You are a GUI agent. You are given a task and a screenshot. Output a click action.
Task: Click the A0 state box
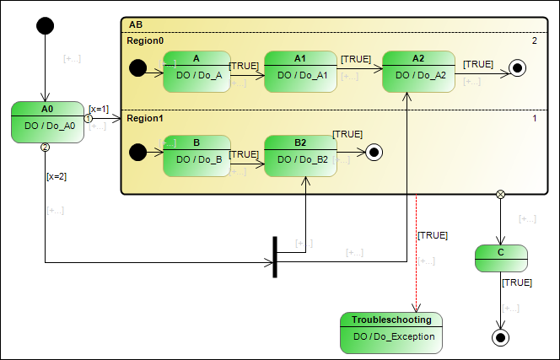pos(46,121)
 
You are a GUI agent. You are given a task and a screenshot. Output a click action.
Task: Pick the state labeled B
pos(196,155)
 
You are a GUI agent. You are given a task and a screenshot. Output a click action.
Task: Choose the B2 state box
pos(300,155)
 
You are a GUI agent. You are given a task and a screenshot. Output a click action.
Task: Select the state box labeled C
pos(501,257)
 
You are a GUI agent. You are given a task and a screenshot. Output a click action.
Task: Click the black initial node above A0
pos(46,25)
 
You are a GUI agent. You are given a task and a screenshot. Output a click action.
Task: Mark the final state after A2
pos(520,68)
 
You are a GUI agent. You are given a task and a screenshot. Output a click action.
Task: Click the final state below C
pos(501,338)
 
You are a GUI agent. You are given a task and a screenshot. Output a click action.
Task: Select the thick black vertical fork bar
pos(275,257)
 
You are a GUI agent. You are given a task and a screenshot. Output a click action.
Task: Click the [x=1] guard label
pos(99,108)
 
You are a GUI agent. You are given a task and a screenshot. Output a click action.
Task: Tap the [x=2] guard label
pos(57,175)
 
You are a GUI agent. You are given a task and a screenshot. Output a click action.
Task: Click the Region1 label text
pos(145,119)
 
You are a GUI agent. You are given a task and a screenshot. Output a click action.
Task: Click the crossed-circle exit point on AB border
pos(501,195)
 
